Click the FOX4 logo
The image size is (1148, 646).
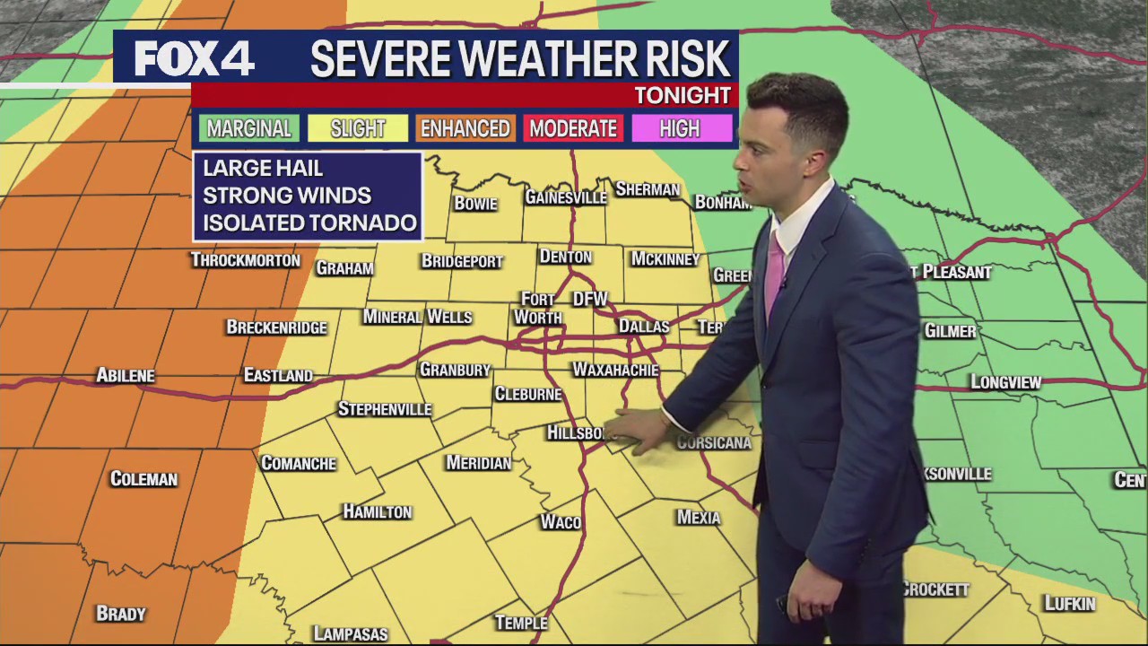pyautogui.click(x=195, y=59)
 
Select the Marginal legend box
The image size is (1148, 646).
pyautogui.click(x=248, y=128)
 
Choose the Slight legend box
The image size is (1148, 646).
pyautogui.click(x=357, y=128)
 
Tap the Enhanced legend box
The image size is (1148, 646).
pyautogui.click(x=465, y=128)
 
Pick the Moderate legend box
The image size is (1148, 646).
pyautogui.click(x=573, y=128)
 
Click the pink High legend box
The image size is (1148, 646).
pyautogui.click(x=680, y=128)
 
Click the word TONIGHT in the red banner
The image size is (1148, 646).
pyautogui.click(x=683, y=95)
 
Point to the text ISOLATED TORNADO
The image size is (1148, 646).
pyautogui.click(x=309, y=223)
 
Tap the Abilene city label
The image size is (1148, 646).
pyautogui.click(x=126, y=376)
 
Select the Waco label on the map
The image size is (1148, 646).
pyautogui.click(x=561, y=522)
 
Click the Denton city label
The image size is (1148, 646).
pyautogui.click(x=565, y=258)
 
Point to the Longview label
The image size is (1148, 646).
pyautogui.click(x=1005, y=382)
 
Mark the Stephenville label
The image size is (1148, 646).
pyautogui.click(x=385, y=409)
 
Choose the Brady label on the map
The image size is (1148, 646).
pyautogui.click(x=120, y=614)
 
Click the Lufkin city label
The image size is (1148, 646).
pyautogui.click(x=1070, y=604)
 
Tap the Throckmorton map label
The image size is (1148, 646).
pyautogui.click(x=245, y=260)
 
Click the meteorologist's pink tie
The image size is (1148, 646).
pyautogui.click(x=773, y=269)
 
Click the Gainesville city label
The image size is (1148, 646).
pyautogui.click(x=565, y=197)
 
